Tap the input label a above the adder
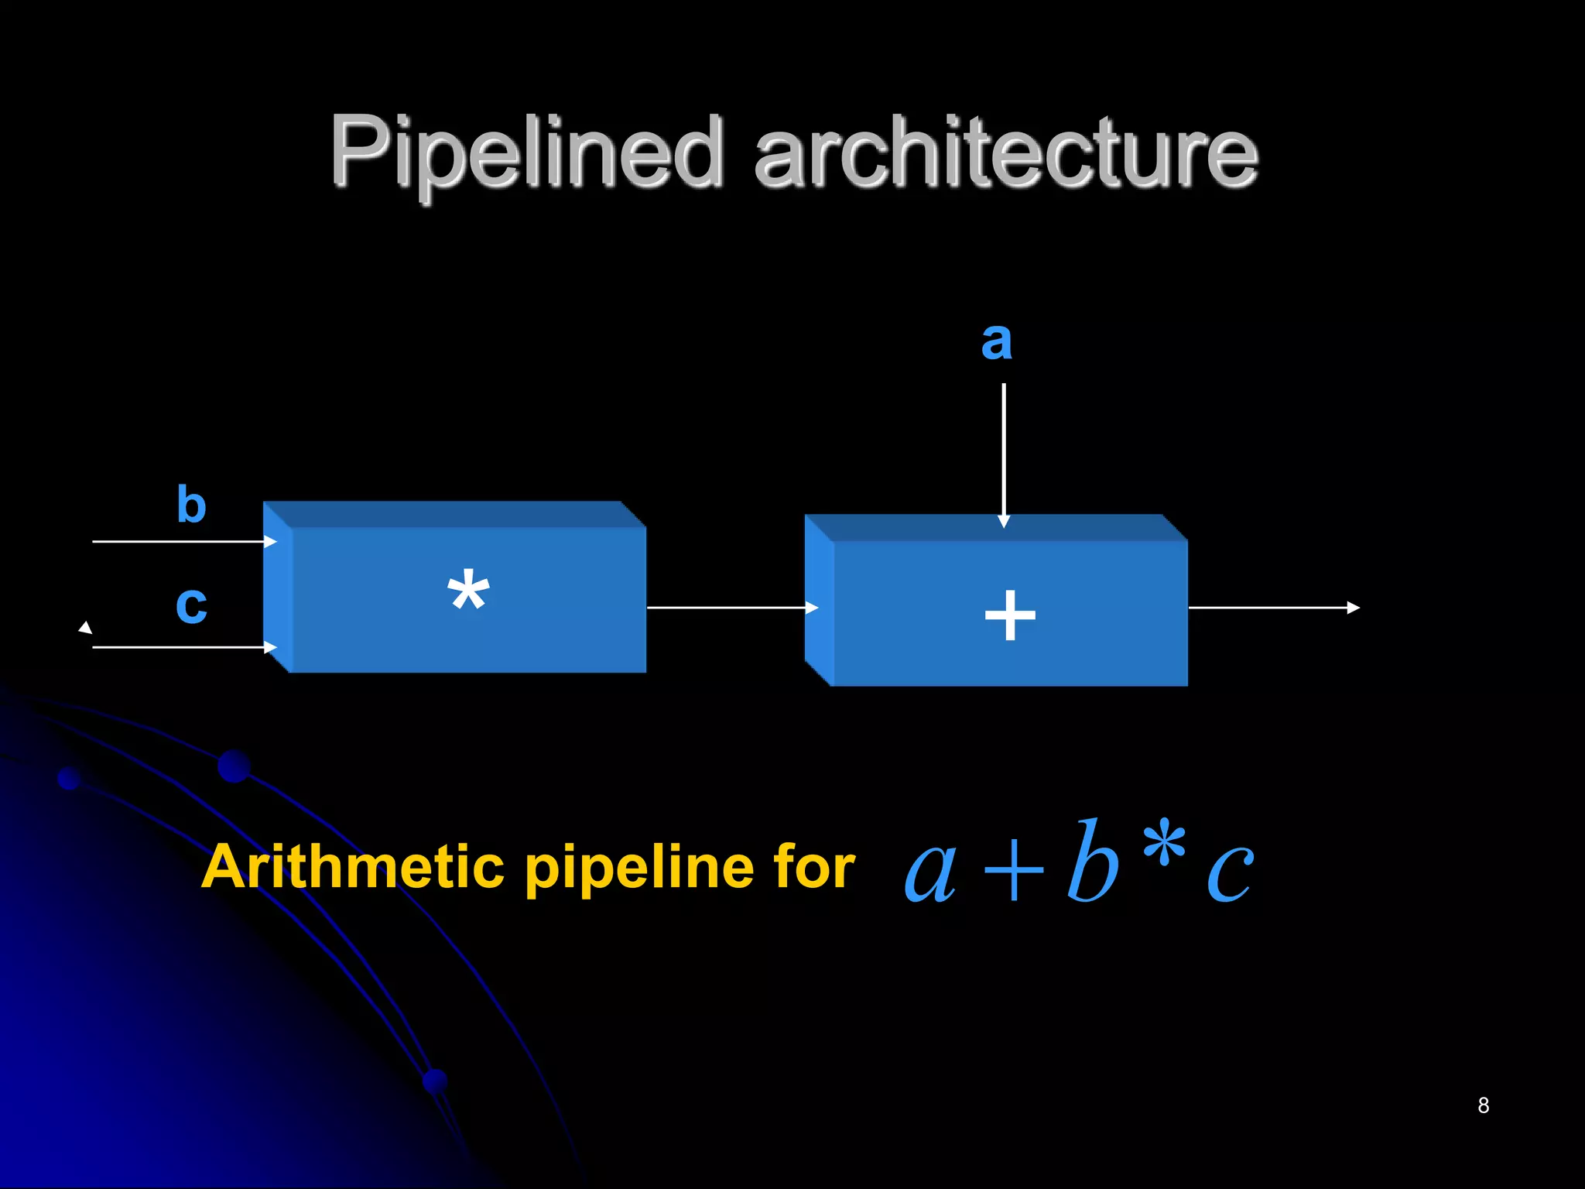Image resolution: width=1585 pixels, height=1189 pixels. click(x=996, y=341)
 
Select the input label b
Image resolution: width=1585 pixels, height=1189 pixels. click(x=191, y=505)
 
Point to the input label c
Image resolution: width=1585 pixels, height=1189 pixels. click(x=191, y=605)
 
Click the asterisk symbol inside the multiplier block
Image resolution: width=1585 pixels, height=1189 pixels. click(x=468, y=591)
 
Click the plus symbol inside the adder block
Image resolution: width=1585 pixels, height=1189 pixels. click(x=1010, y=615)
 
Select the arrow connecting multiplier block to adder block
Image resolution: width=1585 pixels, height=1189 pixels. click(x=731, y=608)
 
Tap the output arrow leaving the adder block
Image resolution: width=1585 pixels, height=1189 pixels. click(x=1273, y=608)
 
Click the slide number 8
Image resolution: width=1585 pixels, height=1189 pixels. click(x=1483, y=1105)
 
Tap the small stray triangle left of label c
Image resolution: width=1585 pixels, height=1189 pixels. click(x=85, y=627)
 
